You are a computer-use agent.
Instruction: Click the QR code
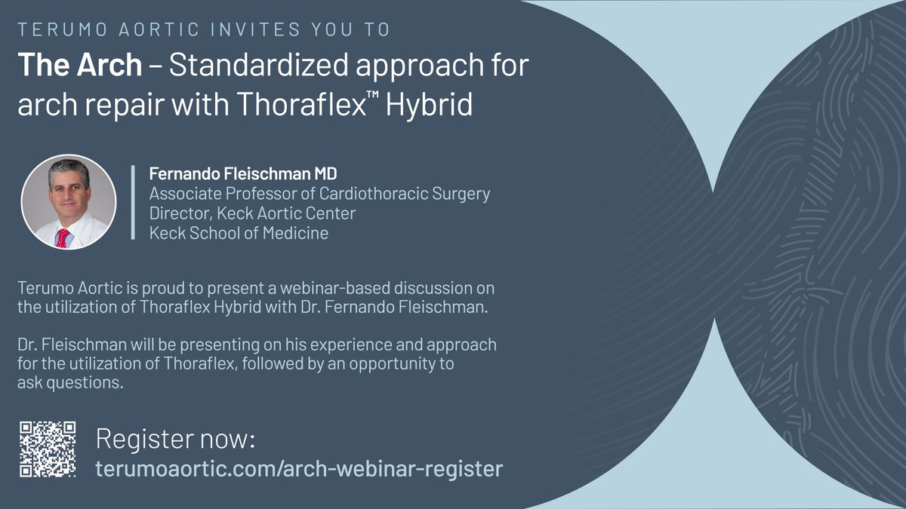click(x=48, y=449)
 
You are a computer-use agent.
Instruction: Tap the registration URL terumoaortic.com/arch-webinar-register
click(x=299, y=468)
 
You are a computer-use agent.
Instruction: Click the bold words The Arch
click(x=80, y=66)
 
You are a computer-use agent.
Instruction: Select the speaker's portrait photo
click(x=69, y=202)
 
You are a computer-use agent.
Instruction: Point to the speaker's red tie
click(x=62, y=237)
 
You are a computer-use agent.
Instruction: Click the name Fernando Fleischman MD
click(x=237, y=174)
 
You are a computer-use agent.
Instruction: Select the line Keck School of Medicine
click(x=239, y=233)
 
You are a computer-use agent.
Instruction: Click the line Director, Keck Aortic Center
click(x=252, y=213)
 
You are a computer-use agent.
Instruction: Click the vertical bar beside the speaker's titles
click(x=134, y=203)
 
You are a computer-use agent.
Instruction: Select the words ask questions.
click(x=69, y=383)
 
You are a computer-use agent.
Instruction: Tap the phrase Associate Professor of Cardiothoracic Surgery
click(x=319, y=194)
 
